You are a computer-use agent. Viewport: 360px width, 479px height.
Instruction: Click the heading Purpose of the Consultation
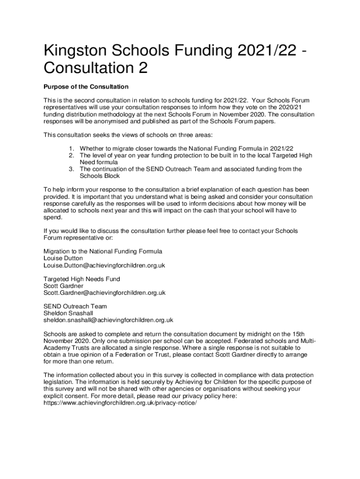86,87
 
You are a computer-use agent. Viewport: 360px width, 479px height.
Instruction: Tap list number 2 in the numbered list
72,155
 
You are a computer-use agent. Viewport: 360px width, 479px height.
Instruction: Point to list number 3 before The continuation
72,169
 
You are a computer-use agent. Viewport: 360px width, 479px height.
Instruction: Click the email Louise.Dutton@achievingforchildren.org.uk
104,265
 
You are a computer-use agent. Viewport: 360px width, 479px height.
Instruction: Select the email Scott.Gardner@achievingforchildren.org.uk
104,293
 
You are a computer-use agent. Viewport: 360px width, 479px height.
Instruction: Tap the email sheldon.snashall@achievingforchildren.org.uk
108,320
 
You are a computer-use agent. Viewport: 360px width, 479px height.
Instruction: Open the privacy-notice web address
117,403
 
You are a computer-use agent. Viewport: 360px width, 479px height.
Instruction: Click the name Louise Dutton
63,258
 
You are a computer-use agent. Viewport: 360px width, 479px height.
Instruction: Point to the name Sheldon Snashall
68,313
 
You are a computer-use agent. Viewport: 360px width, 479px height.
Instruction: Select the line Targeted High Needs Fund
82,279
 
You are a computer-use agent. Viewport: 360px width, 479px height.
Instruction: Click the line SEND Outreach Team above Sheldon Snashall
75,306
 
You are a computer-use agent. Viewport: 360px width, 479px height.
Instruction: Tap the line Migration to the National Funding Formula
103,251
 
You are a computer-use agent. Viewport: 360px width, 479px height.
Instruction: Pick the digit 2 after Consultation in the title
142,68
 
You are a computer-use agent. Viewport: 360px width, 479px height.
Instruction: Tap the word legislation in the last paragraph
59,382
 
